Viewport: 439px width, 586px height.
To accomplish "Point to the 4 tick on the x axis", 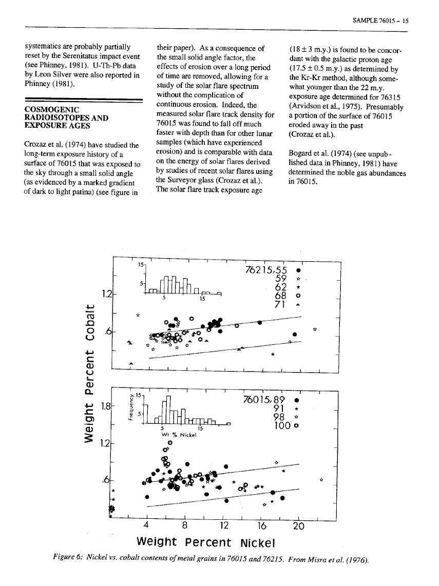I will pos(147,525).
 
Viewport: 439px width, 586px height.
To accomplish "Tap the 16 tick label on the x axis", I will pos(260,525).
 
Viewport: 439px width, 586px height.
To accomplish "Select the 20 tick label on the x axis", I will pos(298,525).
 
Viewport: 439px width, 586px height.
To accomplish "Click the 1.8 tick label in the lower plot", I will pos(104,406).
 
